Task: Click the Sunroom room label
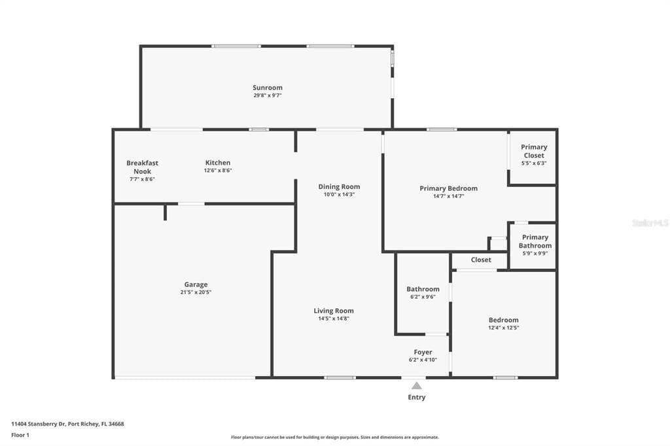point(268,88)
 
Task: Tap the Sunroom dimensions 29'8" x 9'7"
point(268,95)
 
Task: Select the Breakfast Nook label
point(142,167)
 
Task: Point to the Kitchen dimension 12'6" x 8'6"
point(218,171)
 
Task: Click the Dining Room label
point(340,186)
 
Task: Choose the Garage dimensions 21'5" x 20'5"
point(196,292)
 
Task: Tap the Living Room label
point(334,311)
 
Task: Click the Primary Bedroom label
point(449,188)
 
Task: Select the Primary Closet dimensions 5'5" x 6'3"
point(534,163)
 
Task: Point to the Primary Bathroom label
point(535,241)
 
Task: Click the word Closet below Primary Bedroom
point(481,260)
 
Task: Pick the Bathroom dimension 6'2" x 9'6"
point(423,297)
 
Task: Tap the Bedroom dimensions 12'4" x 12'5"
point(504,328)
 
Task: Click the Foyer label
point(423,352)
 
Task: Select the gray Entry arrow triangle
point(417,386)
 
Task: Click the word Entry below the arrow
point(417,398)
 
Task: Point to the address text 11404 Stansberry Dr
point(38,424)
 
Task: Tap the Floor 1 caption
point(20,436)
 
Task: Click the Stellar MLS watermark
point(650,223)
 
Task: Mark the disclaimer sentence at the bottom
point(335,437)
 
